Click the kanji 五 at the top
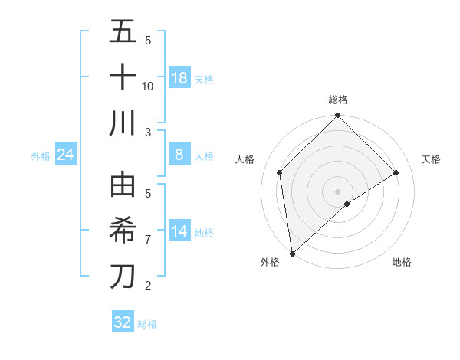(123, 34)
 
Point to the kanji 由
(123, 186)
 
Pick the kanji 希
(123, 231)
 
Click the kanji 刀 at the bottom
(123, 276)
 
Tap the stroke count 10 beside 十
(148, 86)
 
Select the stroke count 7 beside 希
(148, 239)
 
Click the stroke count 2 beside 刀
(148, 286)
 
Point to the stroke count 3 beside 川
(148, 131)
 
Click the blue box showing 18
(179, 78)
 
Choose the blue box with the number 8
(179, 155)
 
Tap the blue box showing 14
(179, 231)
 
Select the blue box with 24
(66, 155)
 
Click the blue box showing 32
(123, 322)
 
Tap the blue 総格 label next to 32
(147, 324)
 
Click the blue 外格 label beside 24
(41, 156)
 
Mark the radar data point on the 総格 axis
(337, 116)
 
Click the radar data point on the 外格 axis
(291, 254)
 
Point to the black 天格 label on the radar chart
(431, 159)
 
